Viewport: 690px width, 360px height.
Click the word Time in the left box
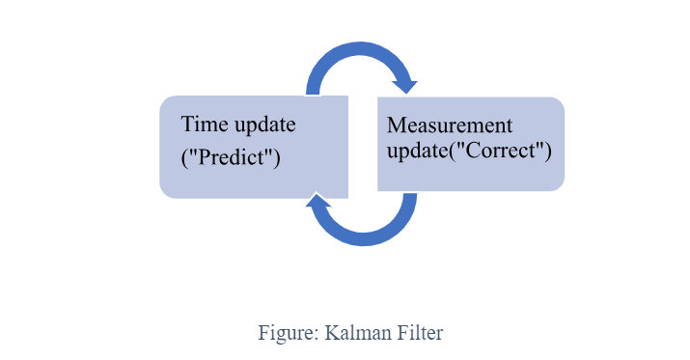tap(204, 125)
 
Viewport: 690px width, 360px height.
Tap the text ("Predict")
tap(231, 157)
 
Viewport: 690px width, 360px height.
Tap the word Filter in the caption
tap(416, 333)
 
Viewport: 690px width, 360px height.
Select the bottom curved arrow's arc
tap(365, 237)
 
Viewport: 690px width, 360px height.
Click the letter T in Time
tap(188, 125)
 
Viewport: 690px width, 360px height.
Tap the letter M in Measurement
tap(395, 125)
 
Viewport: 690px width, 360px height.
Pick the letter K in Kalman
tap(331, 333)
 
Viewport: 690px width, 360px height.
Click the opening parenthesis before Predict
tap(184, 157)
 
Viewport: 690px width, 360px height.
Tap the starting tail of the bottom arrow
tap(410, 198)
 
